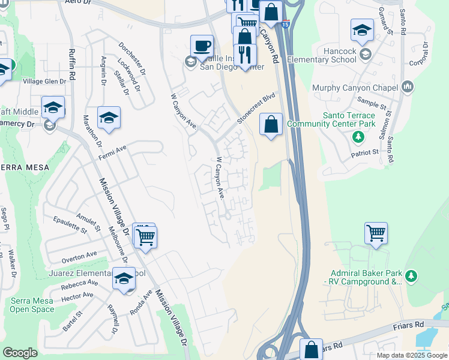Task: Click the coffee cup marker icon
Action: coord(202,46)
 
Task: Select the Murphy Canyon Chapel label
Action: coord(355,88)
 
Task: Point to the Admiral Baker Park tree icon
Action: coord(411,276)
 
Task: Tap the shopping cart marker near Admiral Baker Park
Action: coord(376,233)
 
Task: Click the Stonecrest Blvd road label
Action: coord(256,108)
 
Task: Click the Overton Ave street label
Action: coord(79,257)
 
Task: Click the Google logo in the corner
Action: coord(20,352)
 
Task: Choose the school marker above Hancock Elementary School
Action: coord(363,30)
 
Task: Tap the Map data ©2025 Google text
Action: coord(412,355)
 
